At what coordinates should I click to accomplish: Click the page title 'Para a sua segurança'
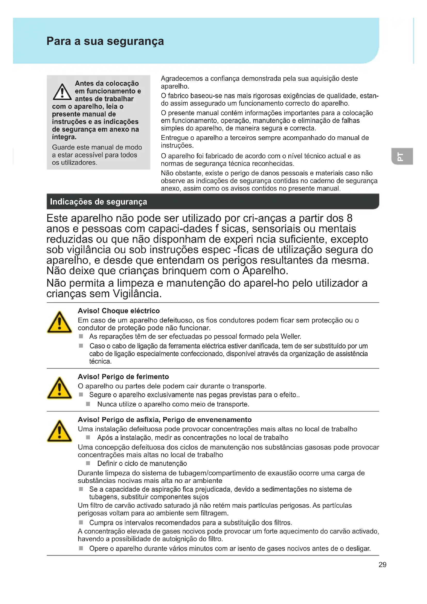(x=105, y=41)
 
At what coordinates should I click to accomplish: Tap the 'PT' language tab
(x=401, y=156)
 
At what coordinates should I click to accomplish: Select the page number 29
(x=382, y=564)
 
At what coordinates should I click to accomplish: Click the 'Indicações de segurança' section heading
(x=98, y=202)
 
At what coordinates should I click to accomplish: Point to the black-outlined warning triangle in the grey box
(x=62, y=92)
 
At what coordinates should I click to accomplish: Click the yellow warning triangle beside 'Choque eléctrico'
(x=59, y=323)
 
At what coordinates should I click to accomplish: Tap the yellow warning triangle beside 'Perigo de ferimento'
(x=59, y=388)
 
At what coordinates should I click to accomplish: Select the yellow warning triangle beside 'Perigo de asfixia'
(x=59, y=432)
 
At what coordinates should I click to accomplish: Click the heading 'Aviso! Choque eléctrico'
(x=118, y=311)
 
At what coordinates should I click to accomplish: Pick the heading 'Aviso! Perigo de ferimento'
(x=123, y=376)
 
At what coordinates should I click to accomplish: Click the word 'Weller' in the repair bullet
(x=290, y=336)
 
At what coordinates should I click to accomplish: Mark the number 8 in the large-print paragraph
(x=350, y=218)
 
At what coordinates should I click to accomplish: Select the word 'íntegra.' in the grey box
(x=64, y=137)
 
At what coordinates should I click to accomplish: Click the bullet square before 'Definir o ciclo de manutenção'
(x=88, y=463)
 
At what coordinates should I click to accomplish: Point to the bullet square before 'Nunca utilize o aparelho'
(x=88, y=404)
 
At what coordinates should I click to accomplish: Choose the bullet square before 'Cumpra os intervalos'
(x=81, y=522)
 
